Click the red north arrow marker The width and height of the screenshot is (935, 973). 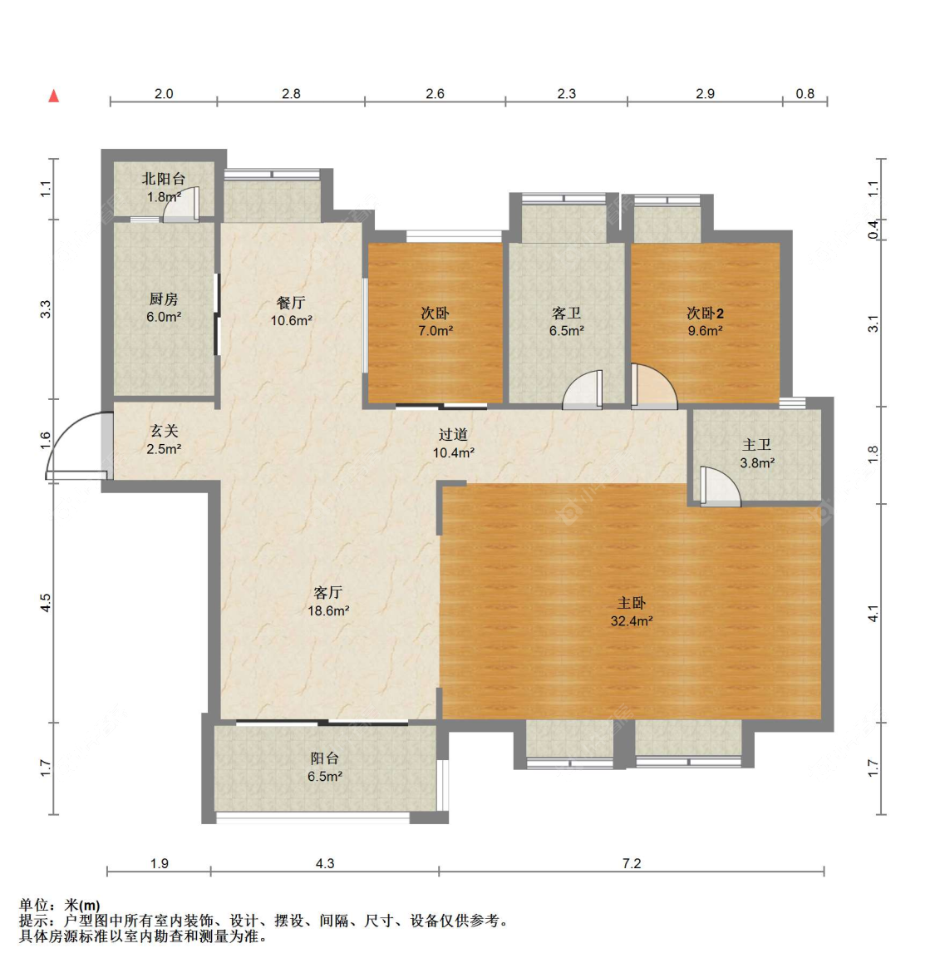coord(54,96)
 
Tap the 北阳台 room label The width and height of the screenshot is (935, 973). coord(164,180)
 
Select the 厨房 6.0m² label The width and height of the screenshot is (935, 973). coord(164,308)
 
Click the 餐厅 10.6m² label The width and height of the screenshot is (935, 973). coord(291,312)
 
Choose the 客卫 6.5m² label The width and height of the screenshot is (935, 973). coord(566,322)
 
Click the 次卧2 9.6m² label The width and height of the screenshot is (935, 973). coord(705,322)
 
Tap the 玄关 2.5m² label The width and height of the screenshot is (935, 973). coord(164,439)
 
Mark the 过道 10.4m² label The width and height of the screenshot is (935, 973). coord(453,444)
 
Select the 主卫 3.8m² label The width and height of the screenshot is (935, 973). coord(757,453)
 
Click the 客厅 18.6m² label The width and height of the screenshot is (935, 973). coord(328,601)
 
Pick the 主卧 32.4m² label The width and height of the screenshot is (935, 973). coord(631,612)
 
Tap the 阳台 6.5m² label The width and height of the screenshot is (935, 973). coord(325,767)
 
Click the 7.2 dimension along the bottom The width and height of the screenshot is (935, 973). coord(632,863)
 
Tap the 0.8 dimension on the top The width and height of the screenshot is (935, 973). coord(805,94)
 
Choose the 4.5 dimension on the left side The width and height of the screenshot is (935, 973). coord(45,603)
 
